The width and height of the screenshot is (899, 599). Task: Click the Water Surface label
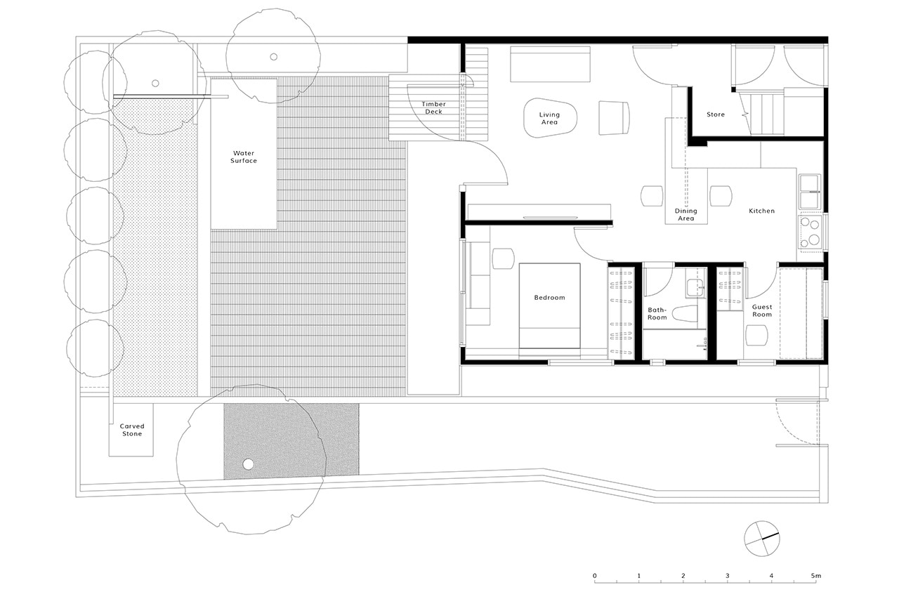click(x=244, y=157)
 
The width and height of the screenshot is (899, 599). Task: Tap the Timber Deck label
click(x=433, y=108)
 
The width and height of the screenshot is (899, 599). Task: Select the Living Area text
click(x=549, y=118)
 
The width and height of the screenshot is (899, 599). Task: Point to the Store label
click(x=716, y=114)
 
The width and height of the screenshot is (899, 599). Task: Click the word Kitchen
click(x=761, y=211)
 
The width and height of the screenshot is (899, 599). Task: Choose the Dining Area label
click(x=685, y=214)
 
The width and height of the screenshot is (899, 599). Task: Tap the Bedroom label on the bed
click(x=549, y=298)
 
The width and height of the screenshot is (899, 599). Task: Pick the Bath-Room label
click(x=657, y=313)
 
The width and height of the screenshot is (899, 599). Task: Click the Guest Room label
click(x=762, y=310)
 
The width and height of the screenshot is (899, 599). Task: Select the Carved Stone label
click(x=131, y=430)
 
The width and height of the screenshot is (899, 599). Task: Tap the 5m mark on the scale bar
click(x=815, y=576)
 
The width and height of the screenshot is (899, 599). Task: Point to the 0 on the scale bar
click(x=595, y=576)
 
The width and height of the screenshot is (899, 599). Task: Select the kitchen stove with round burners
click(x=809, y=232)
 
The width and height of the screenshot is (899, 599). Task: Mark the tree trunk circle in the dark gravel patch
click(x=247, y=464)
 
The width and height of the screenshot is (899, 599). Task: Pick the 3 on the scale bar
click(x=727, y=576)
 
